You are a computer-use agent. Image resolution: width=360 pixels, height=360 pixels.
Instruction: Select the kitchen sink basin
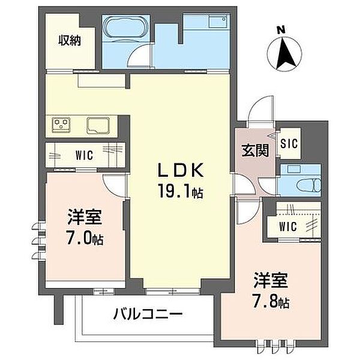click(98, 125)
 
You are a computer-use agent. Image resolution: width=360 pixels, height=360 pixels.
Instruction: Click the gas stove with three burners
click(61, 125)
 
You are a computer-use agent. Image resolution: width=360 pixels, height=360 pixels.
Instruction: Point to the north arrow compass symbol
click(284, 53)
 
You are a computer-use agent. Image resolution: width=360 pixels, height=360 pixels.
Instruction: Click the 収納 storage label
click(70, 41)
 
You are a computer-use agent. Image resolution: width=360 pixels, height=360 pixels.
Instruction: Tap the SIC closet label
click(289, 144)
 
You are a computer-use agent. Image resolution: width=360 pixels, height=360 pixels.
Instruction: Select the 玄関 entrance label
click(255, 151)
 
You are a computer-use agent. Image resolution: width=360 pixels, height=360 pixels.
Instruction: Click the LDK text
click(180, 170)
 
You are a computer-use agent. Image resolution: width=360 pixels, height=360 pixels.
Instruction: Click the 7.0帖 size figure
click(84, 238)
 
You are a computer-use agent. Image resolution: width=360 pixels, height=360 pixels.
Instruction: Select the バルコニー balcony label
click(148, 314)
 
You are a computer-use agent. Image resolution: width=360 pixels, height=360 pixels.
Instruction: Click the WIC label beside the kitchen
click(84, 155)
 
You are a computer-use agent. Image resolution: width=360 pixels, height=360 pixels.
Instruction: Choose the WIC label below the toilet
click(288, 227)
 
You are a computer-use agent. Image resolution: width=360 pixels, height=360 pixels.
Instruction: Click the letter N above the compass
click(281, 30)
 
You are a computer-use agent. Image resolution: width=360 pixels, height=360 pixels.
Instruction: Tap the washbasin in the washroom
click(219, 22)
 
